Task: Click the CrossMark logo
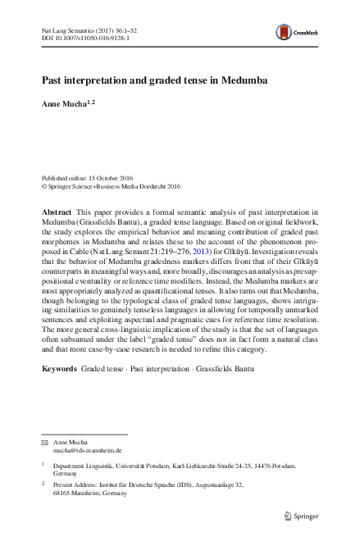pos(307,32)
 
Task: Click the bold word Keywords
pos(59,369)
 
